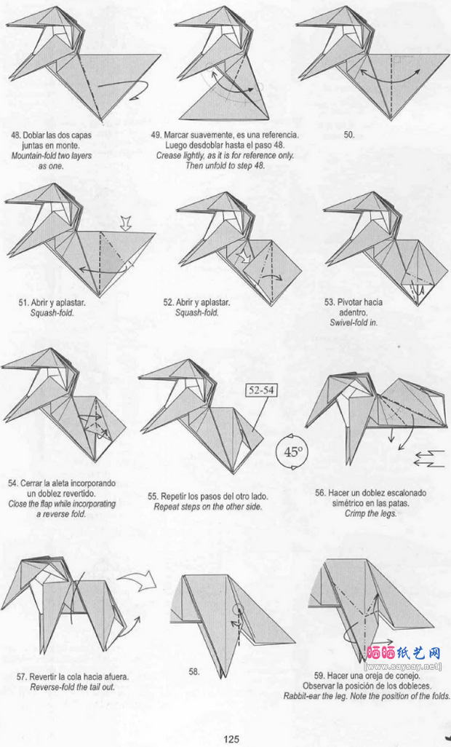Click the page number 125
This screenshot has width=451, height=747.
[231, 739]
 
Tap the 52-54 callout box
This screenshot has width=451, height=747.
[262, 390]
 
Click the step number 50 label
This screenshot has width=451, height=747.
[349, 135]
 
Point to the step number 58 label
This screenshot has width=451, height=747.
[194, 672]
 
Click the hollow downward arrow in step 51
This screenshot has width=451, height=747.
[126, 223]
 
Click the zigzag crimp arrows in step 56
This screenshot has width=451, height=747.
[430, 457]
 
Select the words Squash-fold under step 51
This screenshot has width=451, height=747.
[52, 313]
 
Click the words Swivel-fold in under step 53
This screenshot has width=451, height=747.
[354, 323]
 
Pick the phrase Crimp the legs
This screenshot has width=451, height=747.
[370, 513]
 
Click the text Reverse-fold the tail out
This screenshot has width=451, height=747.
[72, 687]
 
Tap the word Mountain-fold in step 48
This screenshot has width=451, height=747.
[33, 156]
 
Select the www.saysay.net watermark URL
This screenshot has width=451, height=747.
[404, 666]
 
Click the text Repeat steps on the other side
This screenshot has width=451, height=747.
[208, 507]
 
